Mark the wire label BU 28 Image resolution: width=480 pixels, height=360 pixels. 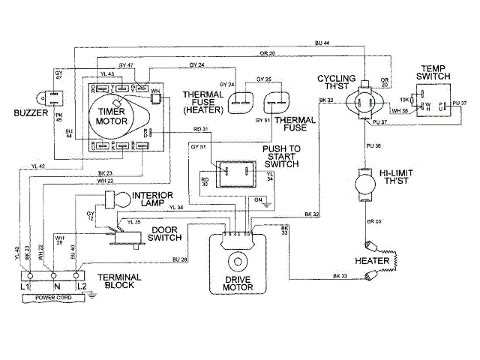pos(178,259)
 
